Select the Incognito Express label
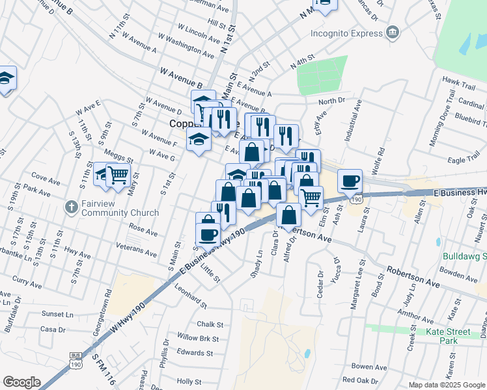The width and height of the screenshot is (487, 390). tap(345, 32)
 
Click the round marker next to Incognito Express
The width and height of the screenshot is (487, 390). tap(393, 32)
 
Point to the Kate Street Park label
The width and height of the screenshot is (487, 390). tap(448, 336)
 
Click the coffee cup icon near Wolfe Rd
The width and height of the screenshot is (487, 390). tap(350, 180)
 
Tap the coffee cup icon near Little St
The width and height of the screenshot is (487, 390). tap(208, 234)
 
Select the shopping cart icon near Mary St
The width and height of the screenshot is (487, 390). tap(118, 174)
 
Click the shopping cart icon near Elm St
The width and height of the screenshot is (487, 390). tap(311, 196)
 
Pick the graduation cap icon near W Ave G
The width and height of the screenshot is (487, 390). tap(199, 139)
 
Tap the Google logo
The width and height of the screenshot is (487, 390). tap(21, 382)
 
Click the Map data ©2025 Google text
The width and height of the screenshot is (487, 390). tap(446, 385)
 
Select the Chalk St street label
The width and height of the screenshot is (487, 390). tap(210, 324)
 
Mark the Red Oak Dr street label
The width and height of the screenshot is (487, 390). tap(359, 380)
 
